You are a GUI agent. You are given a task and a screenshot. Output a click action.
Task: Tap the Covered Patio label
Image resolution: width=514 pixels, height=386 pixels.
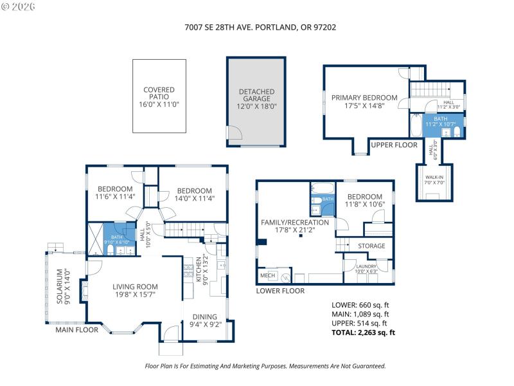pos(159,96)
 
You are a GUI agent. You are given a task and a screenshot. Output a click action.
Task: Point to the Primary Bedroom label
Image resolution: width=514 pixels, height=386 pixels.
pos(364,102)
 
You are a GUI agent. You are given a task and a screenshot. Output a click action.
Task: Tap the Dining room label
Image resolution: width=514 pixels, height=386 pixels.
pos(203,320)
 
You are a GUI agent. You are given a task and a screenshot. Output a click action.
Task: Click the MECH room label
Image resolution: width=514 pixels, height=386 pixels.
pos(267,276)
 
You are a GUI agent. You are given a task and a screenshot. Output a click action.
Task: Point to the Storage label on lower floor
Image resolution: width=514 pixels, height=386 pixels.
pos(371,246)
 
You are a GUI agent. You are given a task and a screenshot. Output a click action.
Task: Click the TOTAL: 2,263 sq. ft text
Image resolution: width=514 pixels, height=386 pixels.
pos(362,333)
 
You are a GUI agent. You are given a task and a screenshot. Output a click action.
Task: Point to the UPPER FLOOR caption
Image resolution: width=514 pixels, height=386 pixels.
pos(394,145)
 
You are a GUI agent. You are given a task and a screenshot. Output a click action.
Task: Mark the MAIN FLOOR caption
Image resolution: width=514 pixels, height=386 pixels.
pos(76,330)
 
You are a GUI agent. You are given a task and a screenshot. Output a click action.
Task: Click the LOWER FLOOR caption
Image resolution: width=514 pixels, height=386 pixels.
pos(279,291)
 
